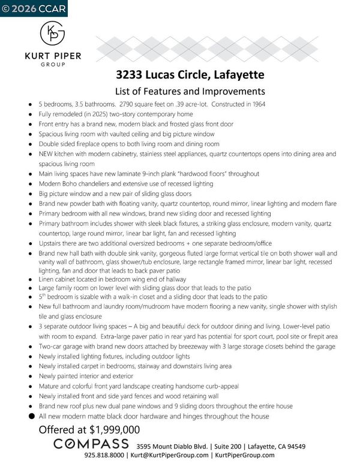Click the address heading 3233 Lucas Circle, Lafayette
189,76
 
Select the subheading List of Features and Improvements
190,91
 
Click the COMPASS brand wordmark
91,444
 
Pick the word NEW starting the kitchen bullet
48,154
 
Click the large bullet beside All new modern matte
29,416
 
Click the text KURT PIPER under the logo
53,56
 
